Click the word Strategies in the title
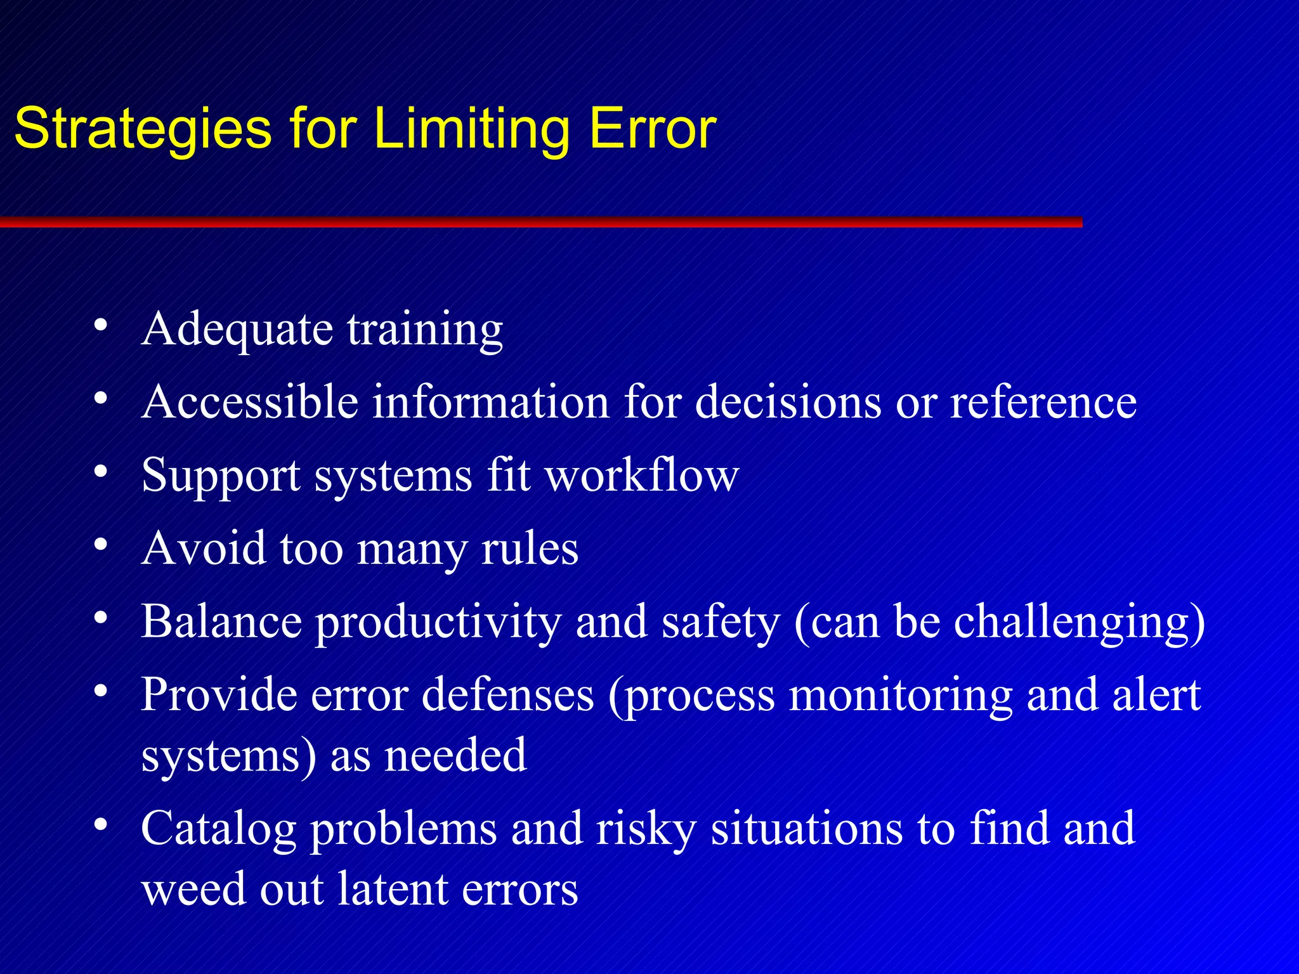(x=143, y=129)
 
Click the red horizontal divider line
(x=539, y=222)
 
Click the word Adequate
(x=237, y=330)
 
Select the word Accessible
(x=250, y=402)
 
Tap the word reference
(x=1043, y=402)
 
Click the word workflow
(x=642, y=475)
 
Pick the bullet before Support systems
(x=100, y=471)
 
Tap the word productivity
(x=438, y=623)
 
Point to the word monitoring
(x=900, y=695)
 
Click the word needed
(x=455, y=755)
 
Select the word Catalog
(x=218, y=829)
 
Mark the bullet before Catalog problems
(x=100, y=824)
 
